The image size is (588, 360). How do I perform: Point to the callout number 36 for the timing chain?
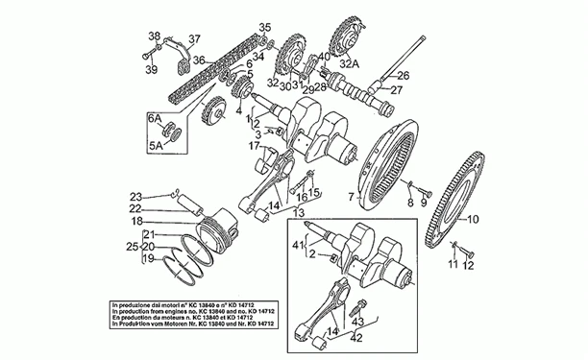(198, 60)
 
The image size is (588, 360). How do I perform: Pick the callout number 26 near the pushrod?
(404, 76)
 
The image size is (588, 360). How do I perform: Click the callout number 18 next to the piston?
(136, 220)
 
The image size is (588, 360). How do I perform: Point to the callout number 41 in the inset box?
(297, 247)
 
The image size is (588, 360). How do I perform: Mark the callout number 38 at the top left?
(152, 36)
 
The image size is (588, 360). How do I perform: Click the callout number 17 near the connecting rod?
(256, 145)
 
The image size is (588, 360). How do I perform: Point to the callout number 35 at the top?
(265, 26)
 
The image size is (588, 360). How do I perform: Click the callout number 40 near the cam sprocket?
(324, 58)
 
